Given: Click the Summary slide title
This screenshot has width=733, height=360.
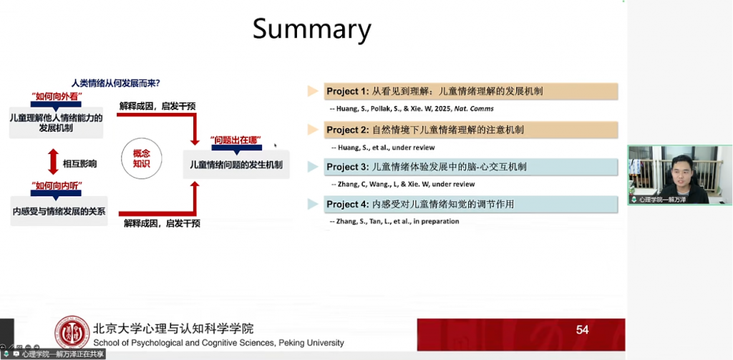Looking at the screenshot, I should pyautogui.click(x=311, y=29).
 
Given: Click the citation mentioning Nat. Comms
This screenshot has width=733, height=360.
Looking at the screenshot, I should pyautogui.click(x=412, y=109).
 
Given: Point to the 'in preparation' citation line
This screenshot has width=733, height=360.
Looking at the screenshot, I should pyautogui.click(x=394, y=221).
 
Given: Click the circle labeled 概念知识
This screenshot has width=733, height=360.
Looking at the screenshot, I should pyautogui.click(x=142, y=159).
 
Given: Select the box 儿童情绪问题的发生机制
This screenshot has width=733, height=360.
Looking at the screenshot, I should pyautogui.click(x=236, y=165).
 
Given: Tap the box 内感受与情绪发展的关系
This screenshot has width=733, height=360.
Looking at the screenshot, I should pyautogui.click(x=59, y=211).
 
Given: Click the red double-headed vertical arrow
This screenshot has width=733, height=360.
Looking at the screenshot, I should pyautogui.click(x=52, y=162).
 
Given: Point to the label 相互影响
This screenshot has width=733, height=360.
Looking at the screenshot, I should pyautogui.click(x=79, y=164).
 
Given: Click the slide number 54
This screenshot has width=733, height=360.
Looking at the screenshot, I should pyautogui.click(x=582, y=330).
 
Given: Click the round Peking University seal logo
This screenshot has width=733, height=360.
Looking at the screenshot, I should pyautogui.click(x=72, y=333).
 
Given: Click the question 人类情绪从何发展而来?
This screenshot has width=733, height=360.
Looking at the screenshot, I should pyautogui.click(x=115, y=82).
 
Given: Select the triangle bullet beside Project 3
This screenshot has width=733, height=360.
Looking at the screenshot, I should pyautogui.click(x=312, y=167).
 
